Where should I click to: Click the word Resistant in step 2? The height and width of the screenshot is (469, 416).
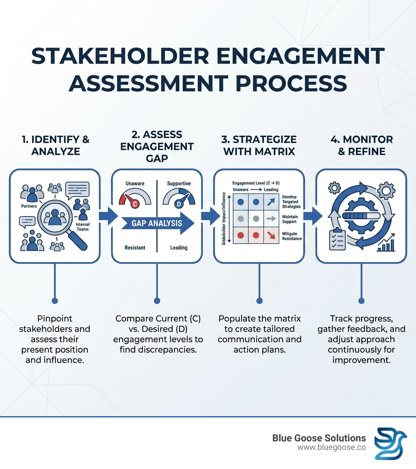pos(135,248)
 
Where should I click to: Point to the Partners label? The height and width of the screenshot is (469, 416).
pos(28,206)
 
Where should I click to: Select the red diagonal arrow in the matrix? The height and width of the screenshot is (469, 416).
pos(271,235)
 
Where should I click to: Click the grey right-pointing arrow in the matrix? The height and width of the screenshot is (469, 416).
pos(271,218)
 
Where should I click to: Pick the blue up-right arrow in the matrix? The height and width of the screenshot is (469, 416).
pos(271,202)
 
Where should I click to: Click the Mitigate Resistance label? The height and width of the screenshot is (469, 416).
pos(292,236)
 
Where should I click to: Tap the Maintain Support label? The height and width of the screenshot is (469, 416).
pos(290,219)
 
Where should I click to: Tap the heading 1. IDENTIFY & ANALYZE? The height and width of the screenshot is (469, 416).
pos(55,145)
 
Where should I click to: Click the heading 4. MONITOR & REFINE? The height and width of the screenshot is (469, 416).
pos(361,145)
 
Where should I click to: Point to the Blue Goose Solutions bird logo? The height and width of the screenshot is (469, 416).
pos(390,443)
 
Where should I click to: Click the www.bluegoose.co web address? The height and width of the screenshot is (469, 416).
pos(331,447)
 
